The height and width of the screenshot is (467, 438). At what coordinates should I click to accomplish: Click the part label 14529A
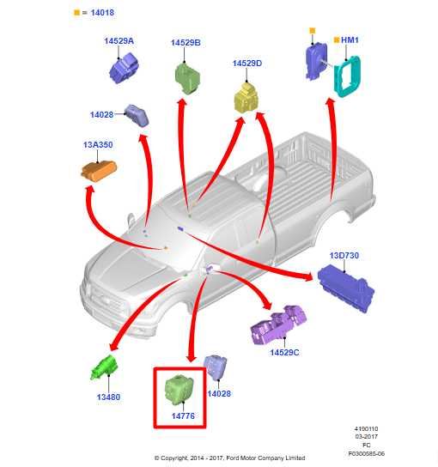pos(119,41)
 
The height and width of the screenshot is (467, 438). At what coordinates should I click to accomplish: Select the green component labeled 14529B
pos(187,78)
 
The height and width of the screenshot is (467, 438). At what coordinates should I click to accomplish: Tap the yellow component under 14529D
pos(246,97)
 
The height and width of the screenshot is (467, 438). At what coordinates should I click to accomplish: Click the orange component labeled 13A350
pos(99,171)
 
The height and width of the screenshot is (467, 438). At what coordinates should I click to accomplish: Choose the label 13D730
pos(344,256)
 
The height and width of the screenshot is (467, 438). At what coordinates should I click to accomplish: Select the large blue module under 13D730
pos(345,288)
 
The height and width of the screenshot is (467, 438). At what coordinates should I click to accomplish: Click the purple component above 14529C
pos(278,324)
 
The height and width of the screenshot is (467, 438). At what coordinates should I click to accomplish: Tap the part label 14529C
pos(284,352)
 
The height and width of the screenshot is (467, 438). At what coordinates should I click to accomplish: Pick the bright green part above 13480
pos(104,367)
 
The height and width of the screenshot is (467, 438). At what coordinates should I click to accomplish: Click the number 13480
pos(108,397)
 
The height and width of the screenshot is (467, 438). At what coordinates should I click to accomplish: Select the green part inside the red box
pos(179,389)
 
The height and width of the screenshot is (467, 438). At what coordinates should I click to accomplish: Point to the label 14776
pos(183,416)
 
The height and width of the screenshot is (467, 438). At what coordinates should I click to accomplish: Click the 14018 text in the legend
pos(102,13)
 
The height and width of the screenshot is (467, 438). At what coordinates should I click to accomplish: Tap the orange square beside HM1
pos(337,39)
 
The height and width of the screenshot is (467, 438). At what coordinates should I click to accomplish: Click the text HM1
pos(350,39)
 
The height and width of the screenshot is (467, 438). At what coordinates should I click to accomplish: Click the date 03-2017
pos(366,437)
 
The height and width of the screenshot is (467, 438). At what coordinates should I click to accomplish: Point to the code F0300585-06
pos(366,453)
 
